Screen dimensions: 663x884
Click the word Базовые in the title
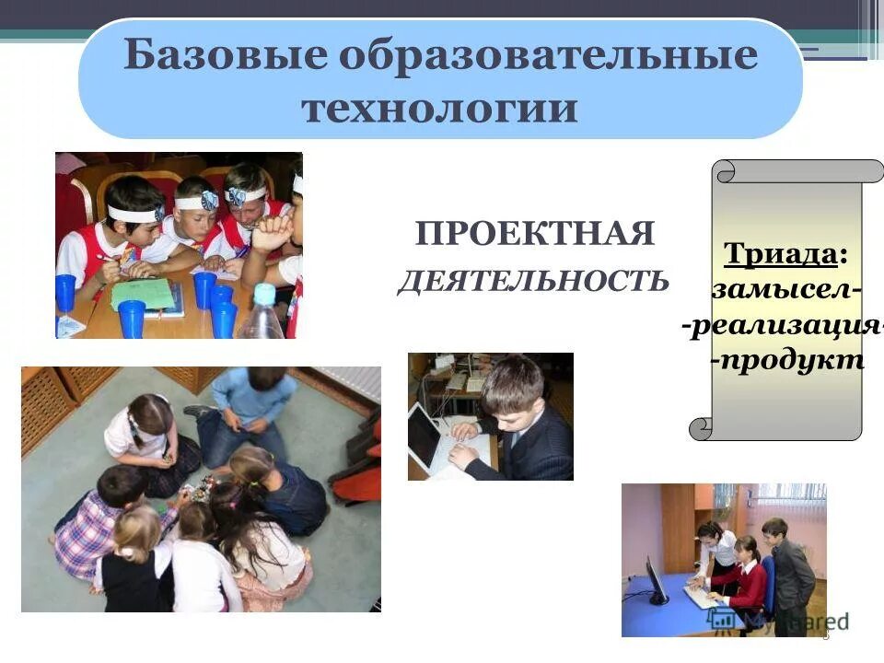[x=221, y=55]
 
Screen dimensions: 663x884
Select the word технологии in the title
[x=440, y=109]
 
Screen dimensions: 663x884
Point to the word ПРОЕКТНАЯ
[x=535, y=234]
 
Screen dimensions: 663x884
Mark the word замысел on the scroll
[x=785, y=289]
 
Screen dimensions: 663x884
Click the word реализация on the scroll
[x=783, y=325]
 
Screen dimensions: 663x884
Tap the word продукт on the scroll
[x=787, y=360]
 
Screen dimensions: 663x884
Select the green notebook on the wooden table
[x=143, y=293]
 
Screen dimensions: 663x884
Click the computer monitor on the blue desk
[x=656, y=581]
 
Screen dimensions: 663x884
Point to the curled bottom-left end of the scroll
[x=702, y=428]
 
